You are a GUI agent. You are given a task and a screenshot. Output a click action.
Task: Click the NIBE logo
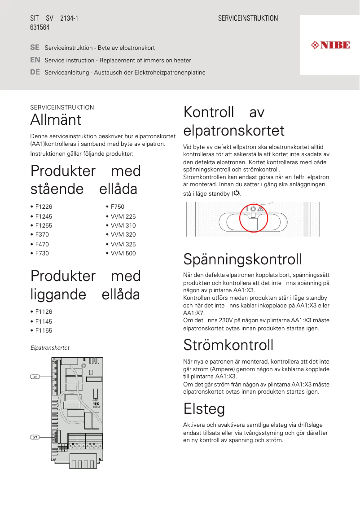(330, 45)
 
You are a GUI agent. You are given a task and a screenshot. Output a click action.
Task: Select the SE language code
(35, 47)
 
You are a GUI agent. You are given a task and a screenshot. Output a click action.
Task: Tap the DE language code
(35, 72)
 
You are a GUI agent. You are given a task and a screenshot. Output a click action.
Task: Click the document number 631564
(40, 27)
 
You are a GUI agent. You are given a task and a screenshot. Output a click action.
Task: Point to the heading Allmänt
(56, 120)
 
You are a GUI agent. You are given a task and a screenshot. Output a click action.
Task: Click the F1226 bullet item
(44, 207)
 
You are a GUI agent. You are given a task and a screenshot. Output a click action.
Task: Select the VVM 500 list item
(123, 253)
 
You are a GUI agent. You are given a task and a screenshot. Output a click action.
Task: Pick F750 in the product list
(117, 207)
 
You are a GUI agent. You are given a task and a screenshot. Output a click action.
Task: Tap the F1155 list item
(44, 330)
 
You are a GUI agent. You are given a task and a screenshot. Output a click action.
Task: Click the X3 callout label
(35, 377)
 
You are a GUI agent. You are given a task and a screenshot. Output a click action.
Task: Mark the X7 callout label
(35, 437)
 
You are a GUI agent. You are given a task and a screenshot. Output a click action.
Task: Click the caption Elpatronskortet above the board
(50, 348)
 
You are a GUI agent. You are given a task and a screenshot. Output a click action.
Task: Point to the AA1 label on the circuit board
(95, 399)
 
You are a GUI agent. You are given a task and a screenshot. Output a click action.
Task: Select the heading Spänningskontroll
(242, 259)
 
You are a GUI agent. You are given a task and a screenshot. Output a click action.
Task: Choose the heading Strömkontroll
(228, 345)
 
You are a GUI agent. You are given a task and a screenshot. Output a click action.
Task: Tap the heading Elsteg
(204, 409)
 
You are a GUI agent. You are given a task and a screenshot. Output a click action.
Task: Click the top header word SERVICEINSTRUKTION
(248, 18)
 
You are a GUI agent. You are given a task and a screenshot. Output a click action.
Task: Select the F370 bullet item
(42, 234)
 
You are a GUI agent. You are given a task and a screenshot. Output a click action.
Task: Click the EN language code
(35, 60)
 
